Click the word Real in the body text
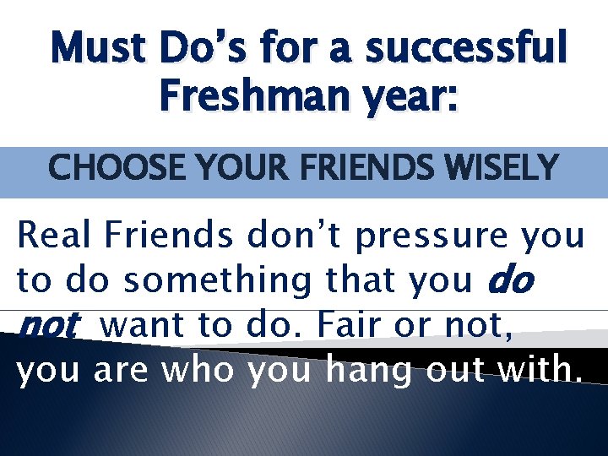[56, 236]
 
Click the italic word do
[512, 280]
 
